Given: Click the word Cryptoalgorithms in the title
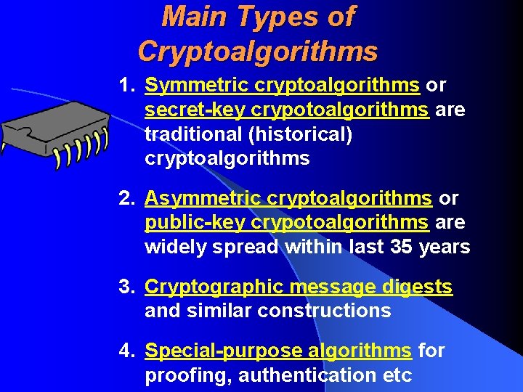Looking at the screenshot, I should click(x=257, y=51).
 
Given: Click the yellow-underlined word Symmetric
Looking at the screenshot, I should click(x=197, y=86).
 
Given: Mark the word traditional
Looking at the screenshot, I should click(x=190, y=135).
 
